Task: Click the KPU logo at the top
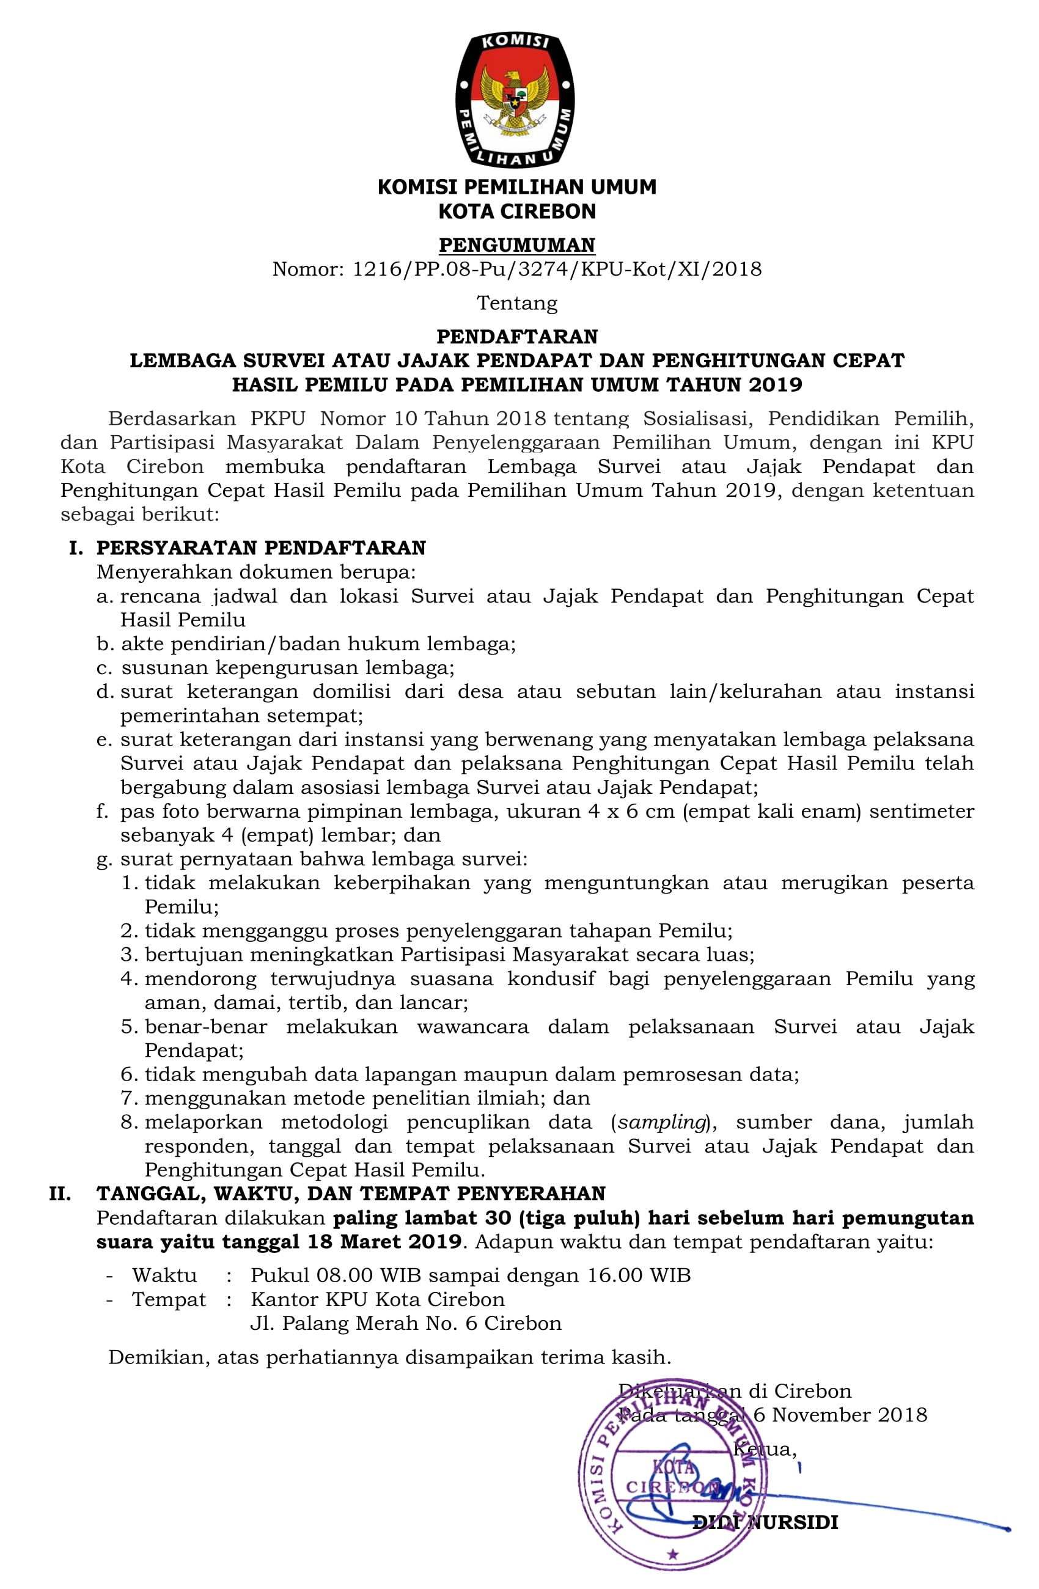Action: click(x=515, y=99)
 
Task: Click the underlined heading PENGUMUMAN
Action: click(x=517, y=245)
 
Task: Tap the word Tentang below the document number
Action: click(x=517, y=303)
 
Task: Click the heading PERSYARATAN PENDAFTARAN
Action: click(x=261, y=548)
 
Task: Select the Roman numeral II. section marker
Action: click(x=60, y=1193)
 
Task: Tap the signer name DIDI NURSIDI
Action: click(x=765, y=1522)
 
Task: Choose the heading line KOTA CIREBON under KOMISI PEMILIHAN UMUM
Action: click(x=517, y=211)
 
